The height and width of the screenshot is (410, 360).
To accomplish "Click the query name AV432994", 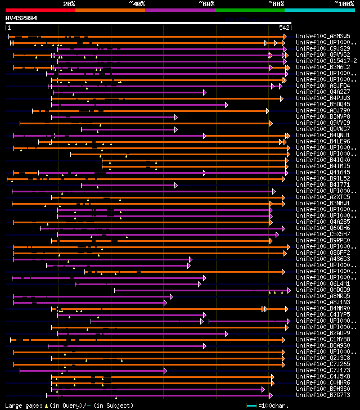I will pos(21,18).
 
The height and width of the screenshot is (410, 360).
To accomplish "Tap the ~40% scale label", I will pos(137,3).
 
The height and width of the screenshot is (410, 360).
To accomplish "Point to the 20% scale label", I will pos(69,3).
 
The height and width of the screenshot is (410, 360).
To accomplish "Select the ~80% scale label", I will pos(277,3).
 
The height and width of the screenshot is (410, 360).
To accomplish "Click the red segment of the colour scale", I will pos(40,10).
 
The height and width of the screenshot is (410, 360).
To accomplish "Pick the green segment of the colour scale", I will pos(249,10).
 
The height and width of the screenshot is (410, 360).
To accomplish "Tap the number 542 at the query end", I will pos(284,27).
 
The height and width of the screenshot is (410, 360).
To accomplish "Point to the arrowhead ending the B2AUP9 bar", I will pos(226,333).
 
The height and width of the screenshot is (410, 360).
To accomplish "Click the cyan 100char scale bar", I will pos(251,405).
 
